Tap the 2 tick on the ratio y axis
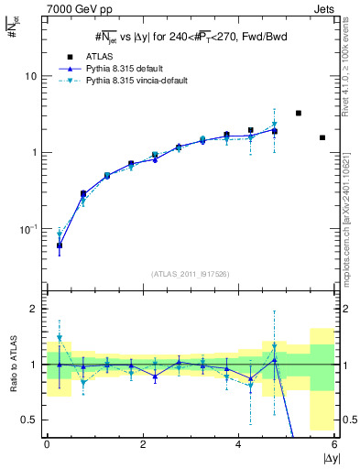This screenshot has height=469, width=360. [x=35, y=310]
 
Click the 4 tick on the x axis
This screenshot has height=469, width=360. [x=239, y=443]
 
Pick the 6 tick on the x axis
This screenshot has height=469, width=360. [x=334, y=443]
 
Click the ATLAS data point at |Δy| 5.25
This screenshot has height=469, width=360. [x=299, y=114]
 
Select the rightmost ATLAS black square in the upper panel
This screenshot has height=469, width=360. [x=322, y=137]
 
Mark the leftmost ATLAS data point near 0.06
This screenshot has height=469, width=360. [x=60, y=245]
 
